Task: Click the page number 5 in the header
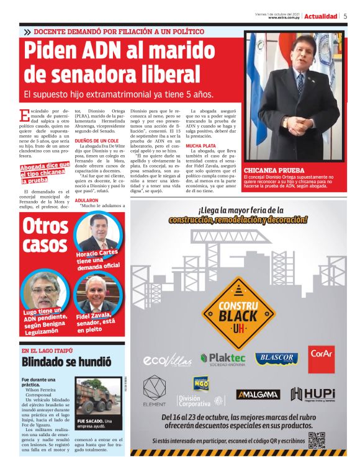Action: point(345,16)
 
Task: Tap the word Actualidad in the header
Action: point(321,16)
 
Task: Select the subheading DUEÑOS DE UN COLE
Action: point(97,140)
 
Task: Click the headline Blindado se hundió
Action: point(66,362)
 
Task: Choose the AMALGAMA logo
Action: point(258,394)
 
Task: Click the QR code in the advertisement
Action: point(317,440)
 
